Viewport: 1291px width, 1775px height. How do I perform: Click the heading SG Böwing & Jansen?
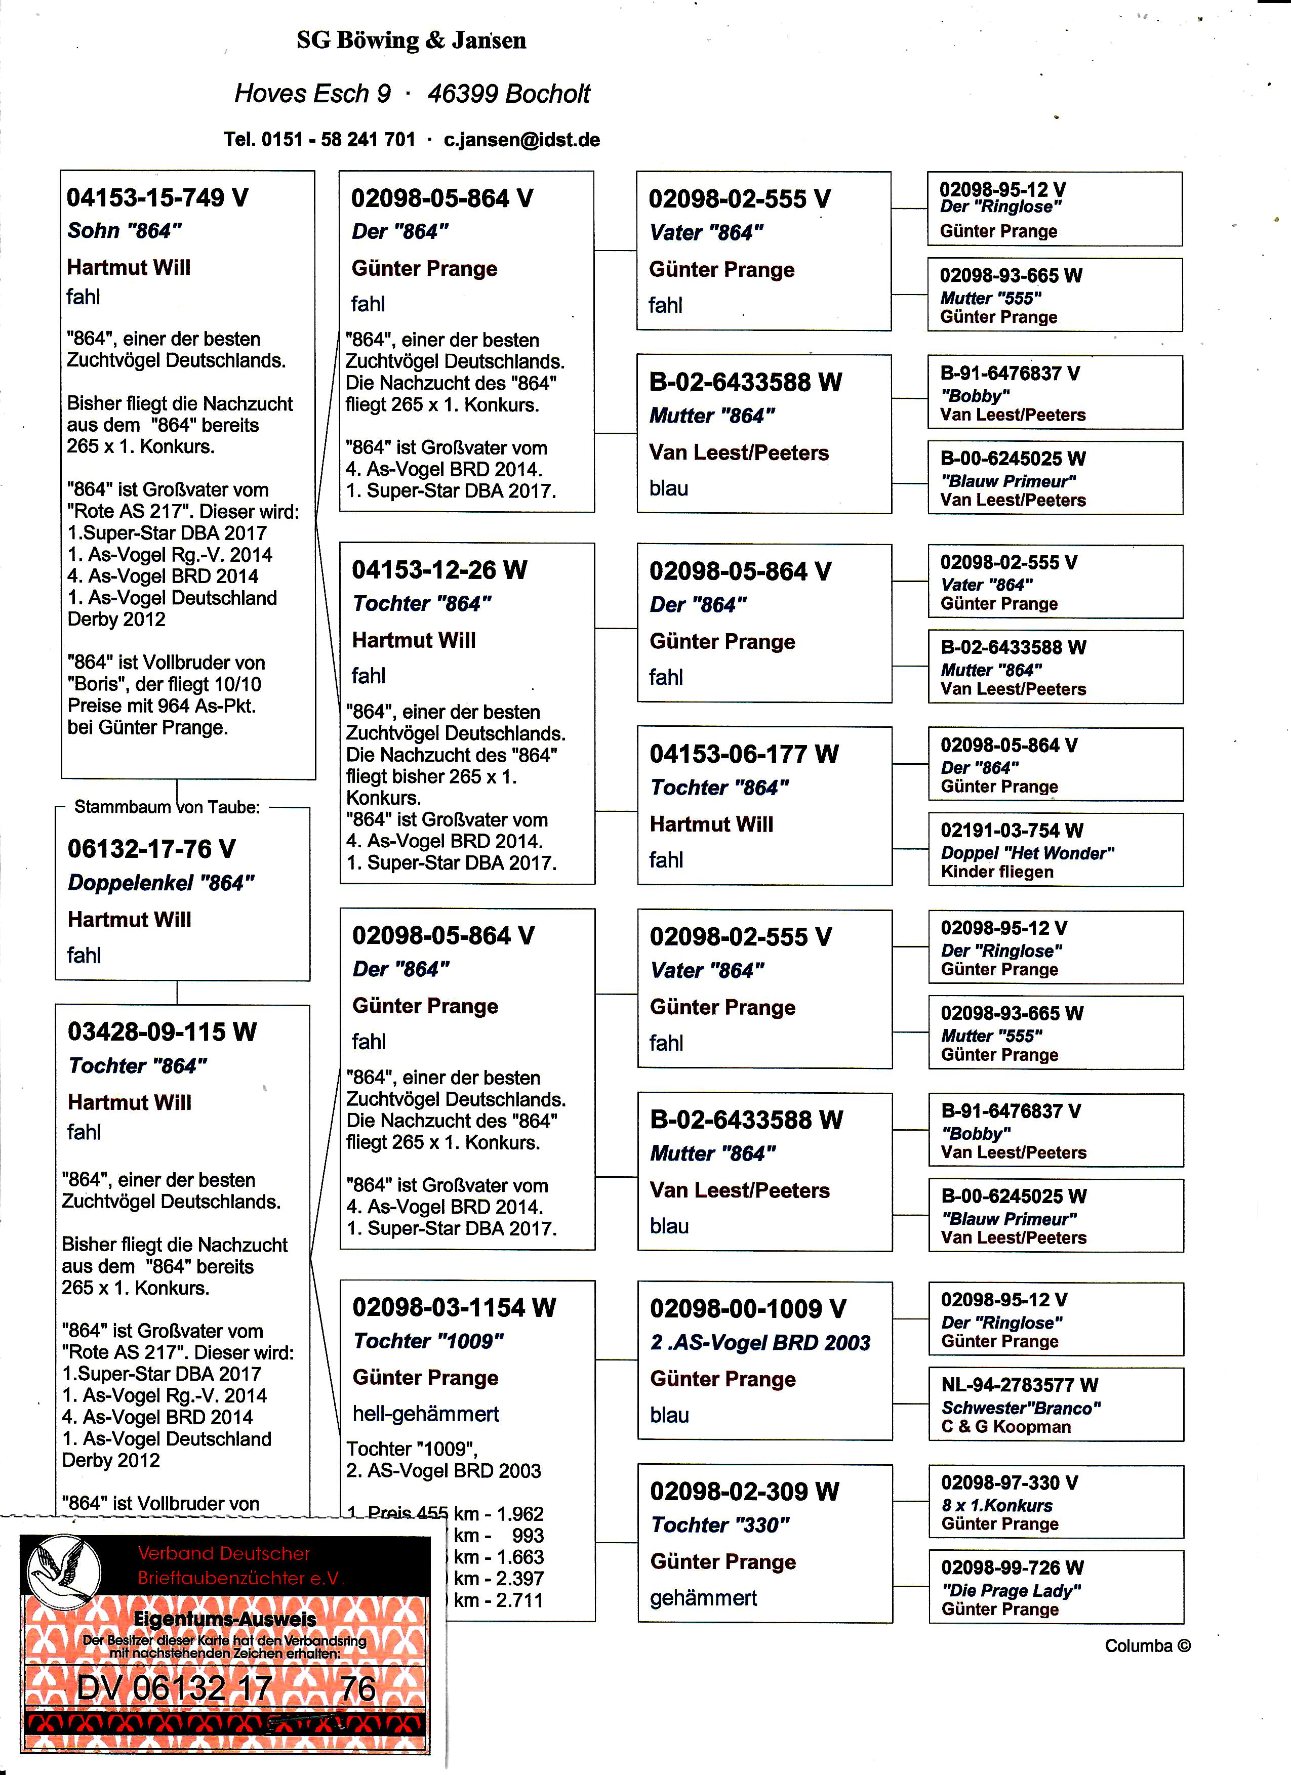(x=411, y=40)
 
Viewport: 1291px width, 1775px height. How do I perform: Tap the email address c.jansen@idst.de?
(x=521, y=140)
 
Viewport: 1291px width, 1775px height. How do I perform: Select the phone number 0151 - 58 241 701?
(x=338, y=140)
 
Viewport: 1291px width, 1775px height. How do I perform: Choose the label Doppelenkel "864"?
(x=160, y=883)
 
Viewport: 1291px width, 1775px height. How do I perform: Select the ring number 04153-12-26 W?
(x=439, y=570)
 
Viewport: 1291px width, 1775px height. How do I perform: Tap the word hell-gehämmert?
(x=425, y=1414)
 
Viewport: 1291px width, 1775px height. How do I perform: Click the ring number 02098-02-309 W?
(x=744, y=1492)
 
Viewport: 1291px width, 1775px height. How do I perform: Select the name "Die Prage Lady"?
(x=1011, y=1590)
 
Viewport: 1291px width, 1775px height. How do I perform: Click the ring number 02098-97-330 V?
(x=1009, y=1483)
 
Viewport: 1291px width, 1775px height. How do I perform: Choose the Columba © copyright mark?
(x=1147, y=1646)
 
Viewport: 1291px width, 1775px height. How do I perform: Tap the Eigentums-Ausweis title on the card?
(x=225, y=1619)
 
